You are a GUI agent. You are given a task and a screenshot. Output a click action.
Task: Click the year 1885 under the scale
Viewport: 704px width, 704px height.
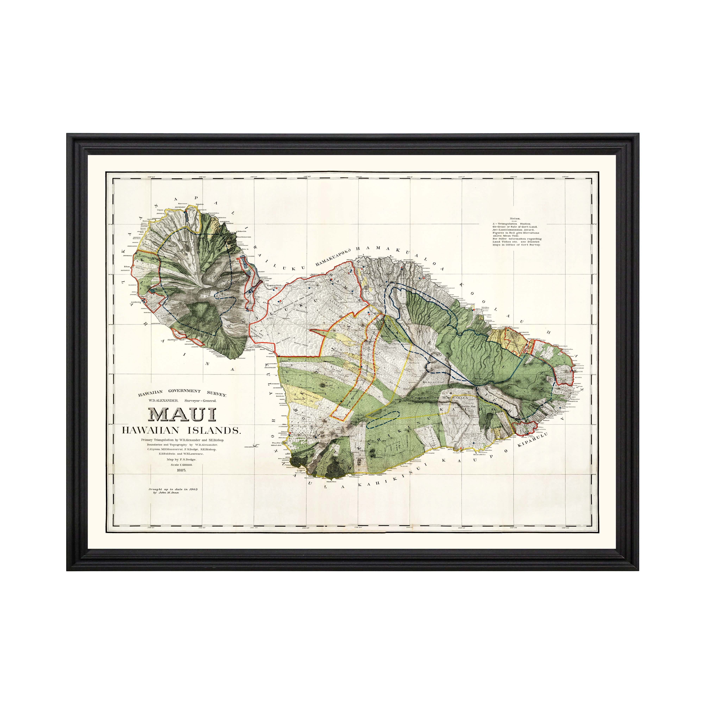click(181, 470)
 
